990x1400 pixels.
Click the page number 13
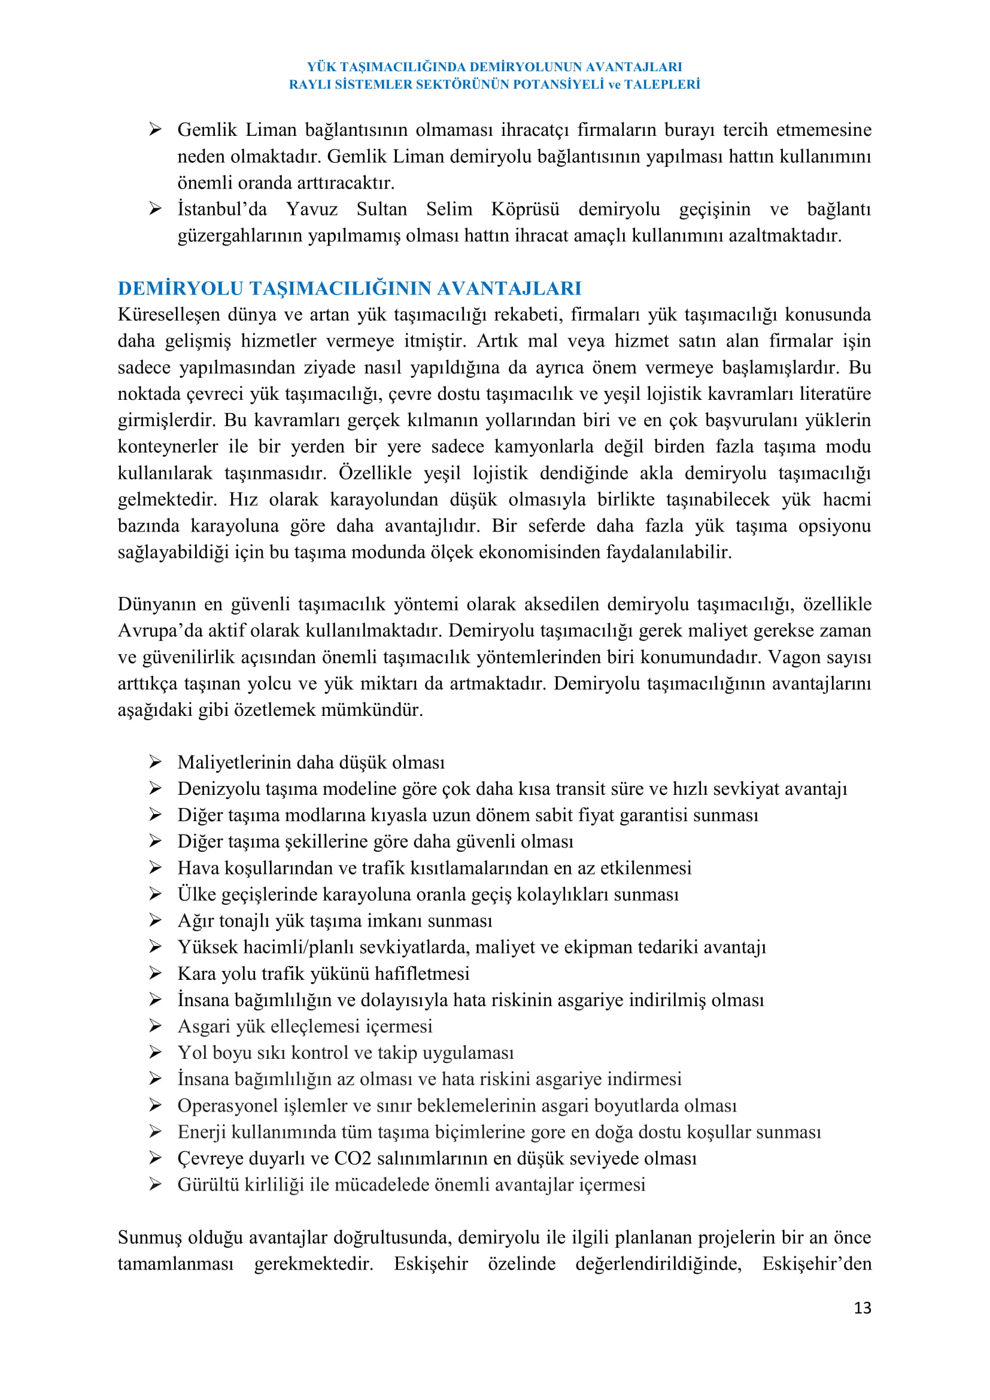pos(862,1307)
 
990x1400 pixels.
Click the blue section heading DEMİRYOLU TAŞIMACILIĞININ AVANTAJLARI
pos(350,288)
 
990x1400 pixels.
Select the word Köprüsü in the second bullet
pos(525,209)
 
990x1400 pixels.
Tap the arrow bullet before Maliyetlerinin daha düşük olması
pos(156,761)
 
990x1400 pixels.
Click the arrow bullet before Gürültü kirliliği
pos(156,1184)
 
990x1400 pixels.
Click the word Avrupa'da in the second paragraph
pos(159,630)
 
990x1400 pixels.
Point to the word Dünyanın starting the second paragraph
pos(156,604)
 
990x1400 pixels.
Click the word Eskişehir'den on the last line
pos(816,1264)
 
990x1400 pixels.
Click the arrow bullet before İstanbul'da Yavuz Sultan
pos(156,209)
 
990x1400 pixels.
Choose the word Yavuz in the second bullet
pos(311,209)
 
